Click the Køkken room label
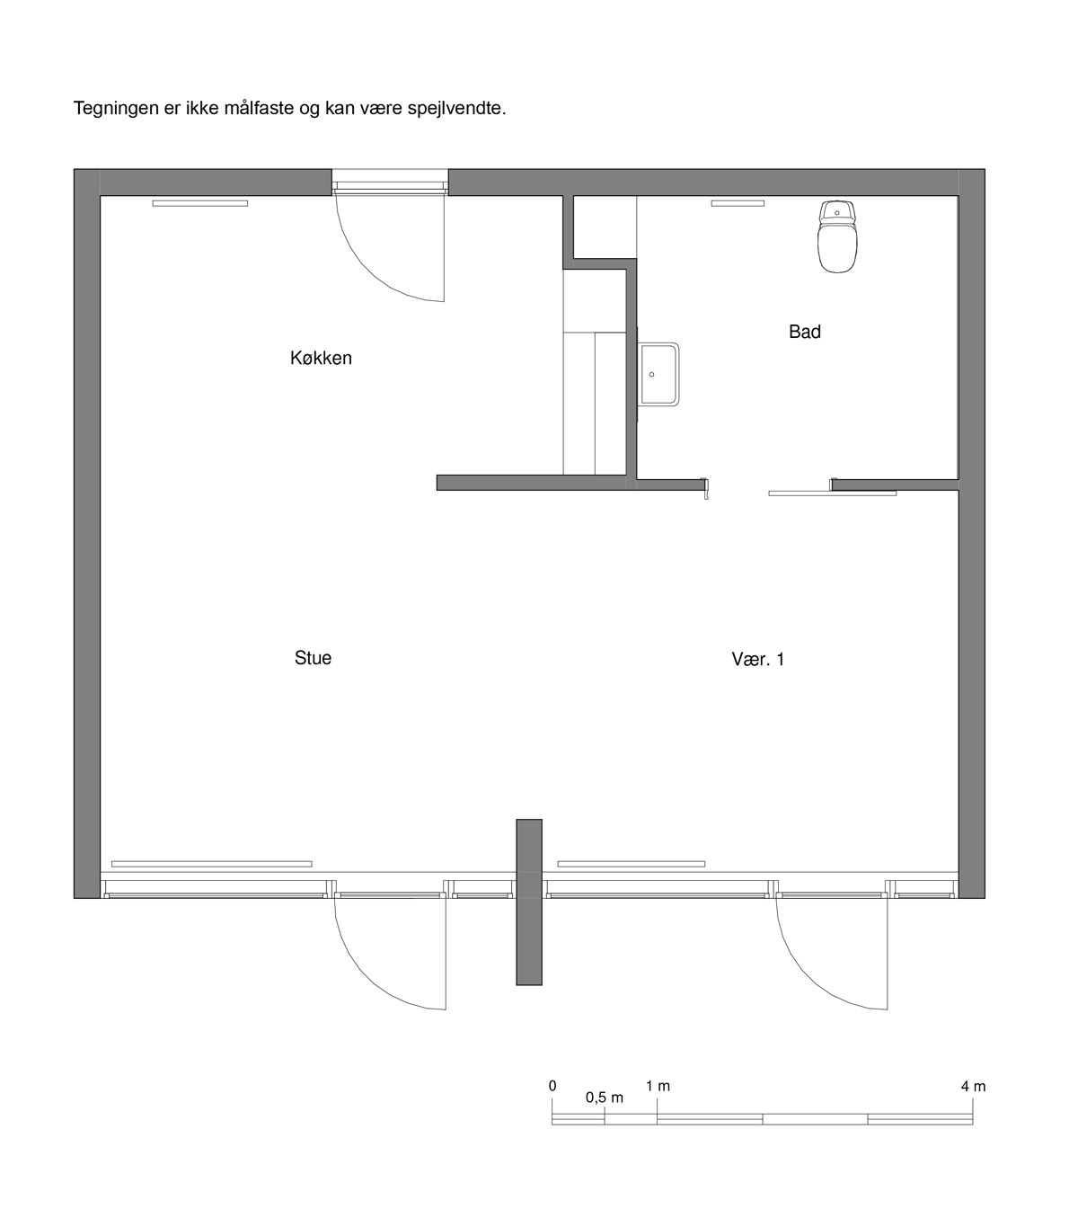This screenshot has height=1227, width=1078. pos(321,358)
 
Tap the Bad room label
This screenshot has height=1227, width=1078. pos(804,332)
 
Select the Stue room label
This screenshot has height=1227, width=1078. pos(313,658)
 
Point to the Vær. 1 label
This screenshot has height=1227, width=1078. pos(758,659)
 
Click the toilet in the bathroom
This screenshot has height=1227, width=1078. pos(838,236)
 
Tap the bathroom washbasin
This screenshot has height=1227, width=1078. pos(659,374)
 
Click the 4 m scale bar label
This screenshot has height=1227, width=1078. pos(973,1087)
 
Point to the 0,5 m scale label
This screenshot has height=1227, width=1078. pos(604,1098)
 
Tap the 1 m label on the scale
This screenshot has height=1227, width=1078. pos(658,1087)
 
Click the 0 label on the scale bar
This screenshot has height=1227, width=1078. pos(552,1086)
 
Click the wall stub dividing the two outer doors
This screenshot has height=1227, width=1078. pos(529,902)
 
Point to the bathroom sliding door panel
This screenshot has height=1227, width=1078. pos(832,493)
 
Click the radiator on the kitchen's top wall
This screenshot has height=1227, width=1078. pos(199,203)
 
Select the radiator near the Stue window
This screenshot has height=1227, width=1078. pos(212,864)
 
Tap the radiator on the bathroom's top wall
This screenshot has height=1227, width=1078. pos(738,203)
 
